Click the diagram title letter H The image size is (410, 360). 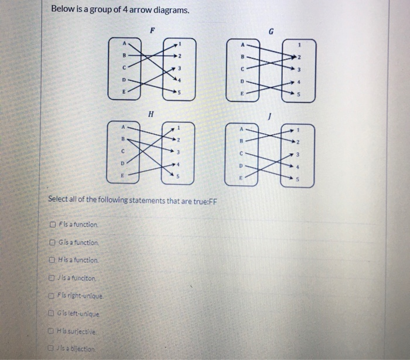click(151, 115)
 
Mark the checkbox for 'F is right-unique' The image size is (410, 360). click(54, 294)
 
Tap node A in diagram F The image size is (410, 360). click(124, 43)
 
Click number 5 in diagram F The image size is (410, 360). click(180, 93)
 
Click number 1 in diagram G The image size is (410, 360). click(300, 43)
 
